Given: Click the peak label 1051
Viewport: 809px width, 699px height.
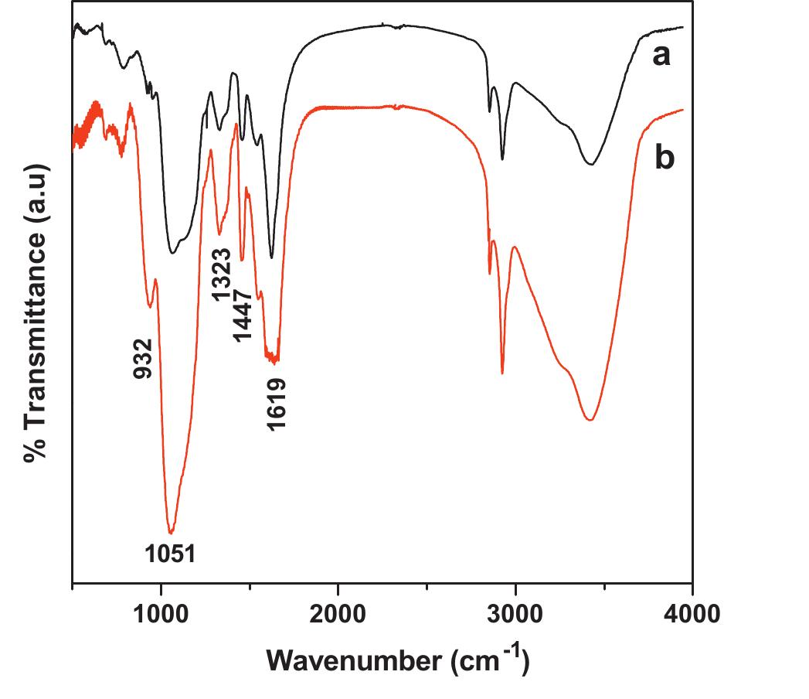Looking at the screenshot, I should pos(171,554).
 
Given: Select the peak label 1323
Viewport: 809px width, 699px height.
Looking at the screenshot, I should pos(221,275).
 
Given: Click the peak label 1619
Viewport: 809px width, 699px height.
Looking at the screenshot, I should pos(277,404).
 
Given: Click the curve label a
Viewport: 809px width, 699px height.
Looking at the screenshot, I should pos(661,56).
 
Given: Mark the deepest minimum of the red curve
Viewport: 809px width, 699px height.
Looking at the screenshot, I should pos(171,532).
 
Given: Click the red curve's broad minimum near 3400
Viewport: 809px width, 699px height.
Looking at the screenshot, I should pos(590,420).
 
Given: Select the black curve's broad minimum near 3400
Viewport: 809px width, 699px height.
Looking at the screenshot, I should pos(591,164).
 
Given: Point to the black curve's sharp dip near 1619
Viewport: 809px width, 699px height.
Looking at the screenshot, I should pos(271,257).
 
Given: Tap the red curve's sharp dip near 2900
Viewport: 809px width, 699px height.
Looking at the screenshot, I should pos(502,373).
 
